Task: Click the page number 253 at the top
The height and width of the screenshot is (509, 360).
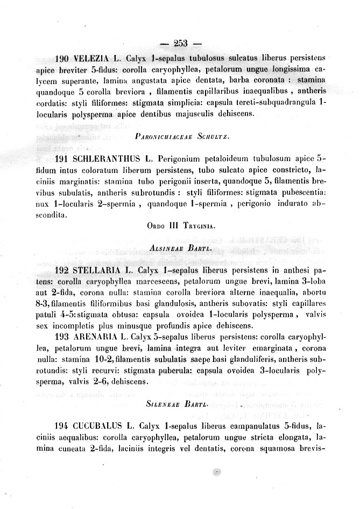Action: [x=180, y=44]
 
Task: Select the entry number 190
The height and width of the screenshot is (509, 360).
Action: [x=63, y=59]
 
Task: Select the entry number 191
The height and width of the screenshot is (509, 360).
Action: [x=63, y=159]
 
